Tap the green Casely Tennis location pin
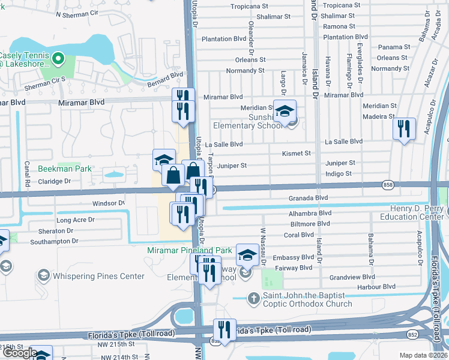pyautogui.click(x=58, y=59)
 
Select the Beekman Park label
pyautogui.click(x=65, y=169)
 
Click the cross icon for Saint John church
pyautogui.click(x=254, y=298)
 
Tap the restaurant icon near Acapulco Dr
pyautogui.click(x=404, y=128)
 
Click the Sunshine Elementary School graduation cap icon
pyautogui.click(x=285, y=110)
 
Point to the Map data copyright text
pyautogui.click(x=423, y=355)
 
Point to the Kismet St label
pyautogui.click(x=297, y=154)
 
